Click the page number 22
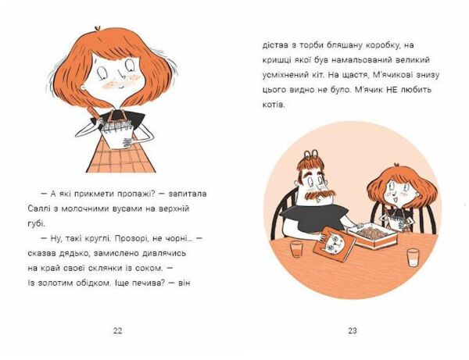117,330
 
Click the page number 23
353,330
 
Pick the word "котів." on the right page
274,105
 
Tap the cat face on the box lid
336,241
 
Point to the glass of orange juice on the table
297,249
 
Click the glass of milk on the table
413,258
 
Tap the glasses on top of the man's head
312,155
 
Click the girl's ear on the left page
84,89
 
